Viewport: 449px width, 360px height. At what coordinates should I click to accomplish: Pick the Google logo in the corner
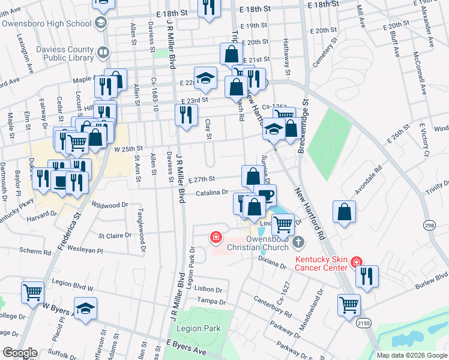coord(20,353)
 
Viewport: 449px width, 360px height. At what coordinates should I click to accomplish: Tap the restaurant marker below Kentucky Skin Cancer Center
coord(367,275)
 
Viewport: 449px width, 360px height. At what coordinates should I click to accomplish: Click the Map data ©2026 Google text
coord(412,355)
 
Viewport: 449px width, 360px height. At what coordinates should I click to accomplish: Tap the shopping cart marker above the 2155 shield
coord(349,304)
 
